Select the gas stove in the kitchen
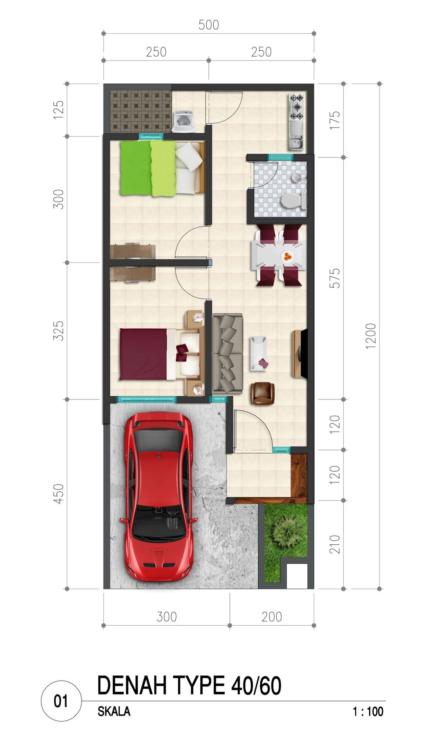[x=296, y=107]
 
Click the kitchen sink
[x=296, y=136]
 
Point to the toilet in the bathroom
[x=294, y=201]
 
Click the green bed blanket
[x=148, y=168]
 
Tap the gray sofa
[x=228, y=354]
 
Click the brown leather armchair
[x=262, y=393]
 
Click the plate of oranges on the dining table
[x=287, y=256]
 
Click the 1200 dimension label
[x=371, y=336]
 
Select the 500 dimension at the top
[x=209, y=25]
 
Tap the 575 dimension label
[x=335, y=278]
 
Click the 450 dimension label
[x=59, y=494]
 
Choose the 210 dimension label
[x=335, y=544]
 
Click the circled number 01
[x=61, y=701]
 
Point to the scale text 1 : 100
[x=368, y=711]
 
